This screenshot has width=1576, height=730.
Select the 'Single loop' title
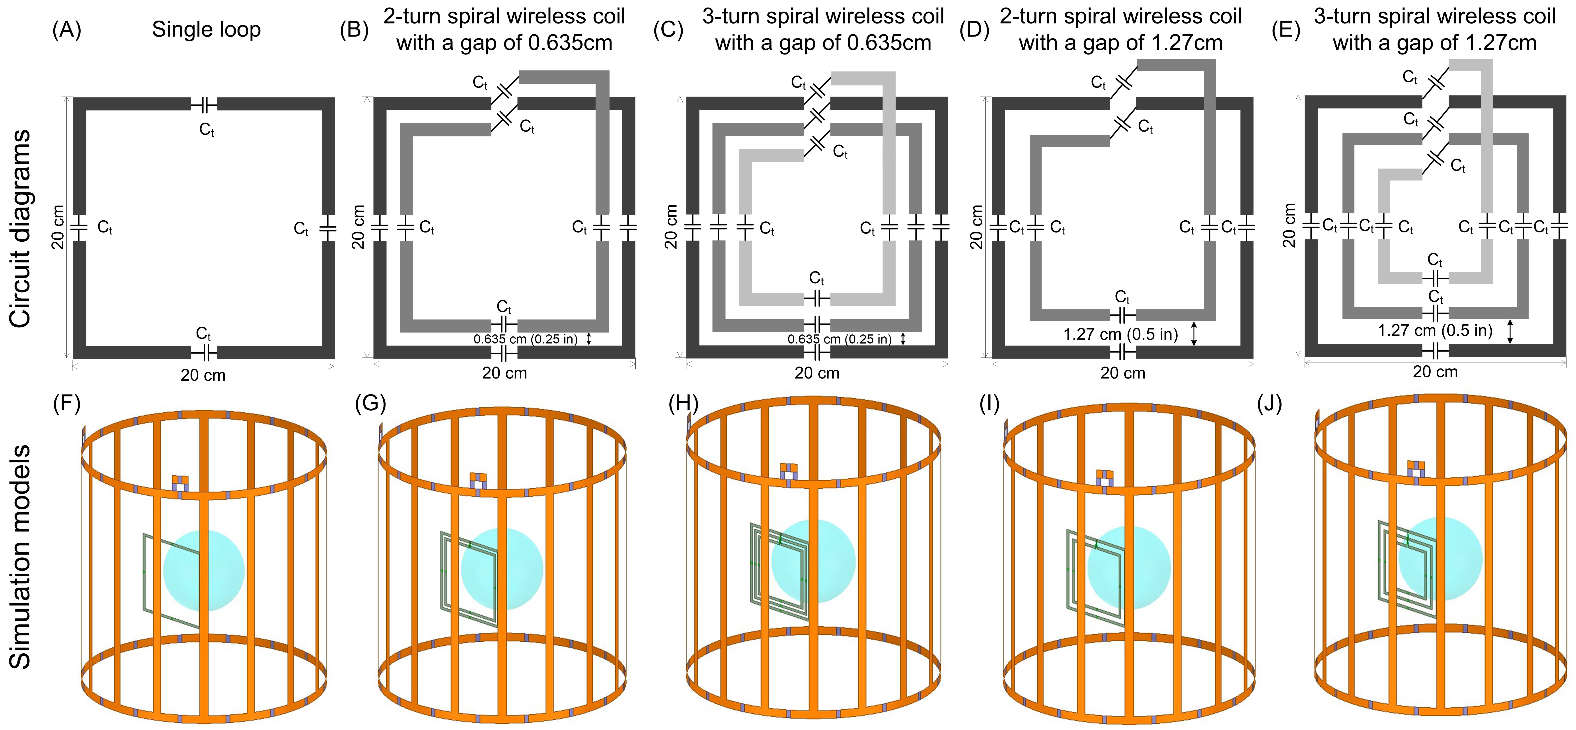coord(206,29)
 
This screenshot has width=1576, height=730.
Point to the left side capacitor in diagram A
coord(80,228)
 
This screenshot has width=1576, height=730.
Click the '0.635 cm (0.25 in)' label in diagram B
coord(526,339)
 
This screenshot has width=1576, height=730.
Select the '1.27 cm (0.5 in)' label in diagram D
coord(1121,334)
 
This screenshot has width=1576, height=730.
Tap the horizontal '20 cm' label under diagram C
coord(817,373)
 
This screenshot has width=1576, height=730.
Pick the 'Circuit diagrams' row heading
coord(20,228)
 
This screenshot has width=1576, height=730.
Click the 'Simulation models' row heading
coord(20,556)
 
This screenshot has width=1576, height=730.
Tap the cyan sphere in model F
coord(204,571)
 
